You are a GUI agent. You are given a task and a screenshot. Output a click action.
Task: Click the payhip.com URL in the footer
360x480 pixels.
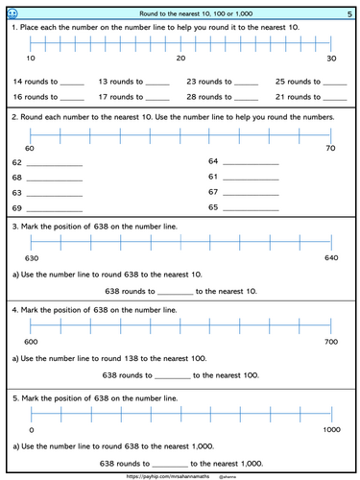coord(164,474)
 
